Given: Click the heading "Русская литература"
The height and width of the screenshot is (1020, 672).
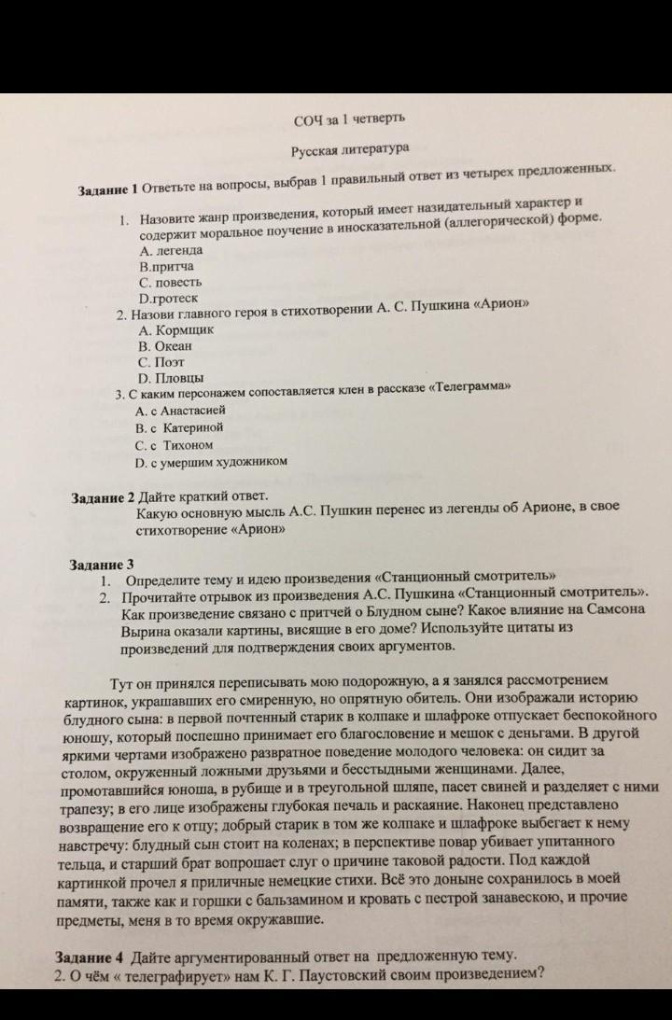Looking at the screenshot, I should [x=349, y=147].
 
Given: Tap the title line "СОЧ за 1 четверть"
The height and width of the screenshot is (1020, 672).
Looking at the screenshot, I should [x=349, y=120].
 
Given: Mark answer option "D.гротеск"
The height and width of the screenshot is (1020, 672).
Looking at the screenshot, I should [x=168, y=298].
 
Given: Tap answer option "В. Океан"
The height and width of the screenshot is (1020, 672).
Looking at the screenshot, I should [x=164, y=345].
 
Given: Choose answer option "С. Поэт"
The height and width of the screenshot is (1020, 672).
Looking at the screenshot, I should [x=161, y=361].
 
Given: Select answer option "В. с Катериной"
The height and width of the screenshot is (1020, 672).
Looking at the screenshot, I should [x=179, y=426].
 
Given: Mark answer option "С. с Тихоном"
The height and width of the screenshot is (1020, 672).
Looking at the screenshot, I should [x=174, y=444].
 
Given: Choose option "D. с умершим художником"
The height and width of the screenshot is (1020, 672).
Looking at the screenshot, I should [x=210, y=461].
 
